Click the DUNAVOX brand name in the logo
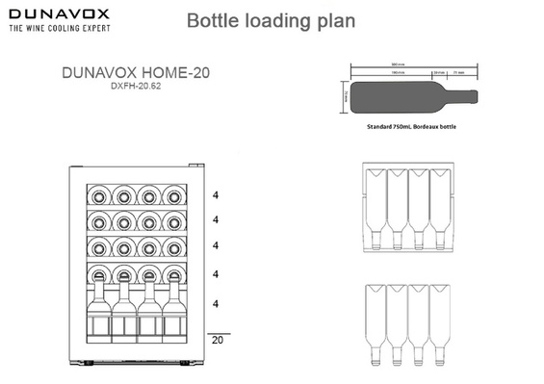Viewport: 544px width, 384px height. pyautogui.click(x=60, y=14)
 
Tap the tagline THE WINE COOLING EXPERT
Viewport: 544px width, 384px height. pyautogui.click(x=60, y=30)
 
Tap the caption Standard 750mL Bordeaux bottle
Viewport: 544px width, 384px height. pyautogui.click(x=411, y=125)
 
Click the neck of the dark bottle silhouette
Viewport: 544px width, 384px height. pyautogui.click(x=463, y=95)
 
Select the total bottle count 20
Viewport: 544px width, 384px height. pyautogui.click(x=217, y=340)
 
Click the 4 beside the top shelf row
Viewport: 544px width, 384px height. pyautogui.click(x=217, y=193)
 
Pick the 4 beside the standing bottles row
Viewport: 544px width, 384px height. pyautogui.click(x=217, y=304)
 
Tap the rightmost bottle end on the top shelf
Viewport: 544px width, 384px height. pyautogui.click(x=173, y=193)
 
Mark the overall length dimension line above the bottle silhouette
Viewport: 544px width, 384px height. pyautogui.click(x=411, y=66)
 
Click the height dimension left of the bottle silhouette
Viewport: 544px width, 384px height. pyautogui.click(x=344, y=95)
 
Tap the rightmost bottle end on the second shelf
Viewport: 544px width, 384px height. pyautogui.click(x=173, y=220)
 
